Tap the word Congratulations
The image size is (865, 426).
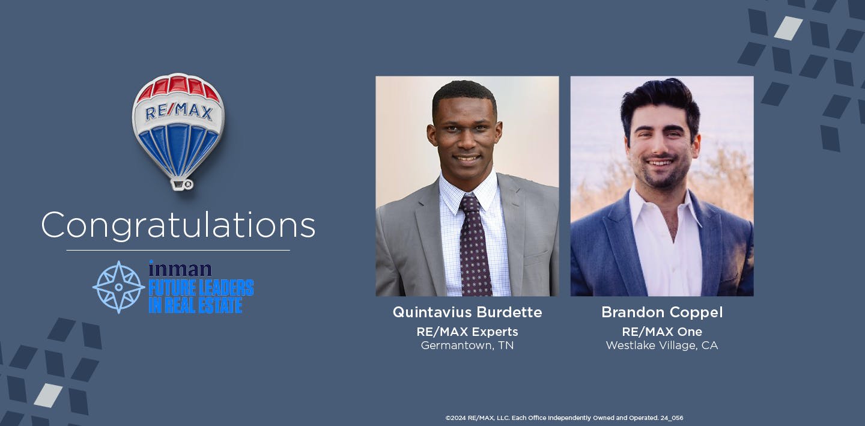(x=178, y=225)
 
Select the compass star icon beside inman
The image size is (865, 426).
(x=118, y=287)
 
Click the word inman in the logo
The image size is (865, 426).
(x=180, y=269)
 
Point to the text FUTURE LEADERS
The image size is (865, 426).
(x=201, y=288)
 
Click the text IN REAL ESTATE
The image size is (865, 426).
(x=195, y=305)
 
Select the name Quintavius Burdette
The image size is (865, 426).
(x=467, y=312)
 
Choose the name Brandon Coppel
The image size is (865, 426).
(x=662, y=312)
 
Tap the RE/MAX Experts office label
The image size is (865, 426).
(x=467, y=332)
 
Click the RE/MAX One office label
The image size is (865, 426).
(x=662, y=332)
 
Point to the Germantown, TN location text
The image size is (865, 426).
(x=467, y=345)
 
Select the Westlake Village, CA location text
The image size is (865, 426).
(x=662, y=345)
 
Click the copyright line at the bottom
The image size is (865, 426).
(x=564, y=418)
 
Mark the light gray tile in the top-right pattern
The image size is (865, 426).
(x=788, y=28)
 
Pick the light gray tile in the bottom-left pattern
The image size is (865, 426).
(x=48, y=395)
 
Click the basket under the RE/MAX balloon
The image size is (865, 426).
(x=180, y=183)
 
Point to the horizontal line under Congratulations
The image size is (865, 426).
(x=178, y=250)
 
